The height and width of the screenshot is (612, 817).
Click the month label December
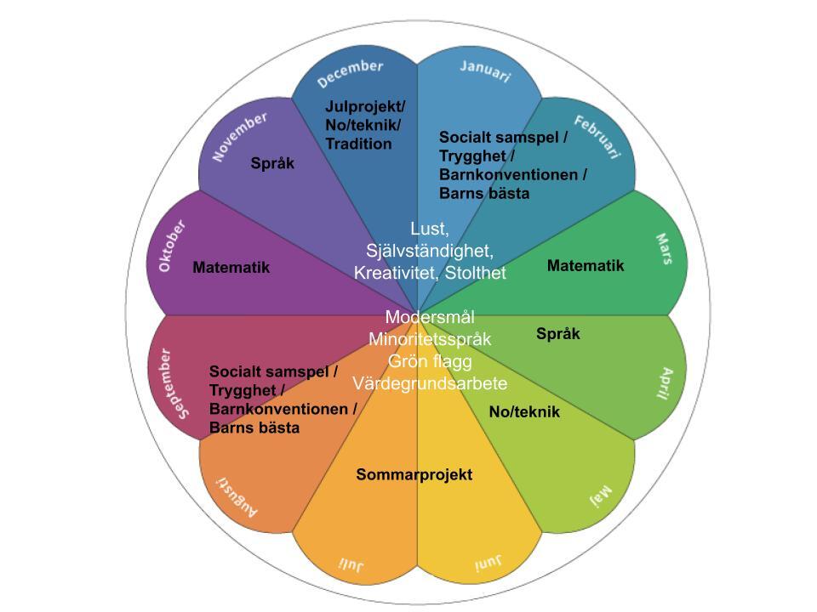[x=350, y=73]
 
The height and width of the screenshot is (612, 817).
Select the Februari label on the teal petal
[x=597, y=137]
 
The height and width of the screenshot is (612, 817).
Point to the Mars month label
[x=664, y=249]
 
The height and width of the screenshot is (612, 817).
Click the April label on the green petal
[x=666, y=383]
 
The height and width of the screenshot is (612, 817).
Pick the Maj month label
[x=600, y=496]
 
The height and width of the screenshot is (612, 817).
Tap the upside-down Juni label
[x=488, y=563]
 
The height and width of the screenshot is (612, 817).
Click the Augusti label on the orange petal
[x=237, y=497]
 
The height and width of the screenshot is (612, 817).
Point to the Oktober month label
[x=172, y=246]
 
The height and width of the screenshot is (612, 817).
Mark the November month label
[x=240, y=136]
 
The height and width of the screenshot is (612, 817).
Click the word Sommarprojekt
[x=414, y=474]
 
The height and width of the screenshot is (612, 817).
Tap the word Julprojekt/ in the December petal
[x=365, y=107]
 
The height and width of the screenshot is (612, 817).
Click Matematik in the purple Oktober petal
[x=231, y=268]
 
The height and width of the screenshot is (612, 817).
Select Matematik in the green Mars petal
[x=586, y=265]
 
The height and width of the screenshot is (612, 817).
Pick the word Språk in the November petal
[x=272, y=163]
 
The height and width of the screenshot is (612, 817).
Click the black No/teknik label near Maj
[x=525, y=412]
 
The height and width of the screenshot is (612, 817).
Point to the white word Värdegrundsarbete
[x=430, y=383]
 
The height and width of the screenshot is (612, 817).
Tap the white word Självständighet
[x=430, y=251]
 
